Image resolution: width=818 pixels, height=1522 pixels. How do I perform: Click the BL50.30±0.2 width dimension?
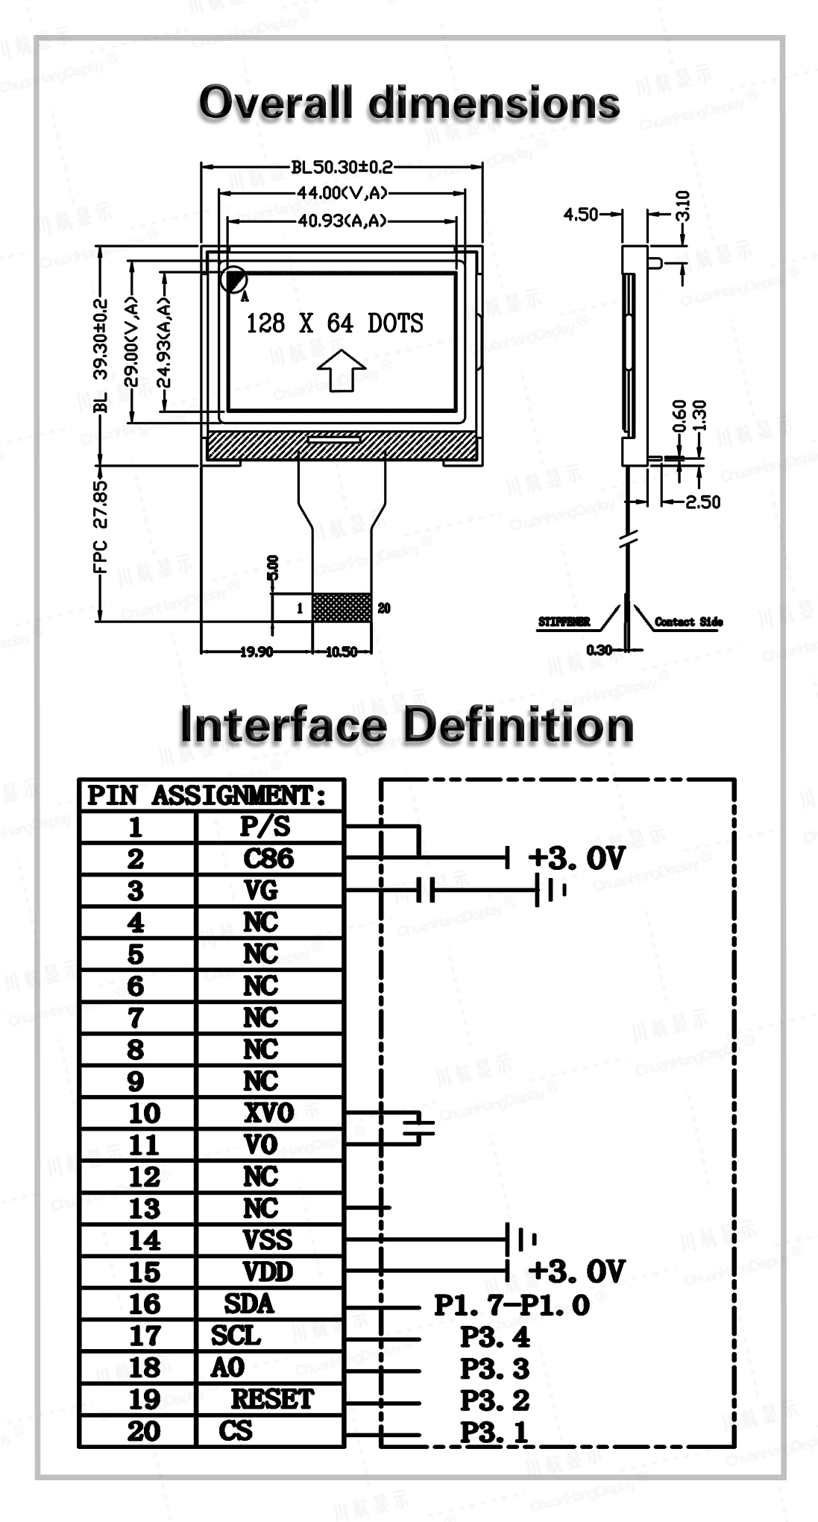click(342, 167)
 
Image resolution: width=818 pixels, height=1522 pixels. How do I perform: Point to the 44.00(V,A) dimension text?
click(342, 193)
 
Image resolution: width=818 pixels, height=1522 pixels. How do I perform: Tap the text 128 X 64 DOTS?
click(335, 323)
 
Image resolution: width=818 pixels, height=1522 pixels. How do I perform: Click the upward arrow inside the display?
click(341, 370)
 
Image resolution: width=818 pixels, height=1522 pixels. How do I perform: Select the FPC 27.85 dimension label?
click(100, 526)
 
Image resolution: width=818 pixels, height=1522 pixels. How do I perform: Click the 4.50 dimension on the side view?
click(580, 215)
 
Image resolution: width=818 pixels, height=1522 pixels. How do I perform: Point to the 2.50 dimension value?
click(703, 502)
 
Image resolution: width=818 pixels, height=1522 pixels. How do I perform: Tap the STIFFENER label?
click(564, 622)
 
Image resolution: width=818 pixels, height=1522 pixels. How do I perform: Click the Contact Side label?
click(688, 622)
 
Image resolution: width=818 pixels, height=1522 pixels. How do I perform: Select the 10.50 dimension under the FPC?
click(342, 652)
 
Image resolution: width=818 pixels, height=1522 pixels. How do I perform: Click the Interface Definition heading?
click(407, 725)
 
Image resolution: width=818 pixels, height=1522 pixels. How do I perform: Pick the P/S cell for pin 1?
click(265, 827)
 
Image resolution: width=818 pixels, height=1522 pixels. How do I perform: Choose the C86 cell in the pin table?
click(268, 859)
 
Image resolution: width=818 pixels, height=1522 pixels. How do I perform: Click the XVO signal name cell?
click(268, 1113)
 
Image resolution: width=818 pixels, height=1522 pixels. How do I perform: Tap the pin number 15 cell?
click(144, 1272)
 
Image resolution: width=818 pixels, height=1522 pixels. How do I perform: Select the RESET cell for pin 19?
click(272, 1399)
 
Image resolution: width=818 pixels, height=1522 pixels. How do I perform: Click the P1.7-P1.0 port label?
click(512, 1305)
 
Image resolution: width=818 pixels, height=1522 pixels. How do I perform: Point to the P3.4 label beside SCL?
click(494, 1337)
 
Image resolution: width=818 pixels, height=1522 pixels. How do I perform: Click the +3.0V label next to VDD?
click(576, 1271)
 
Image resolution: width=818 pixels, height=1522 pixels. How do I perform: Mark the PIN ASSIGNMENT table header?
click(207, 796)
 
